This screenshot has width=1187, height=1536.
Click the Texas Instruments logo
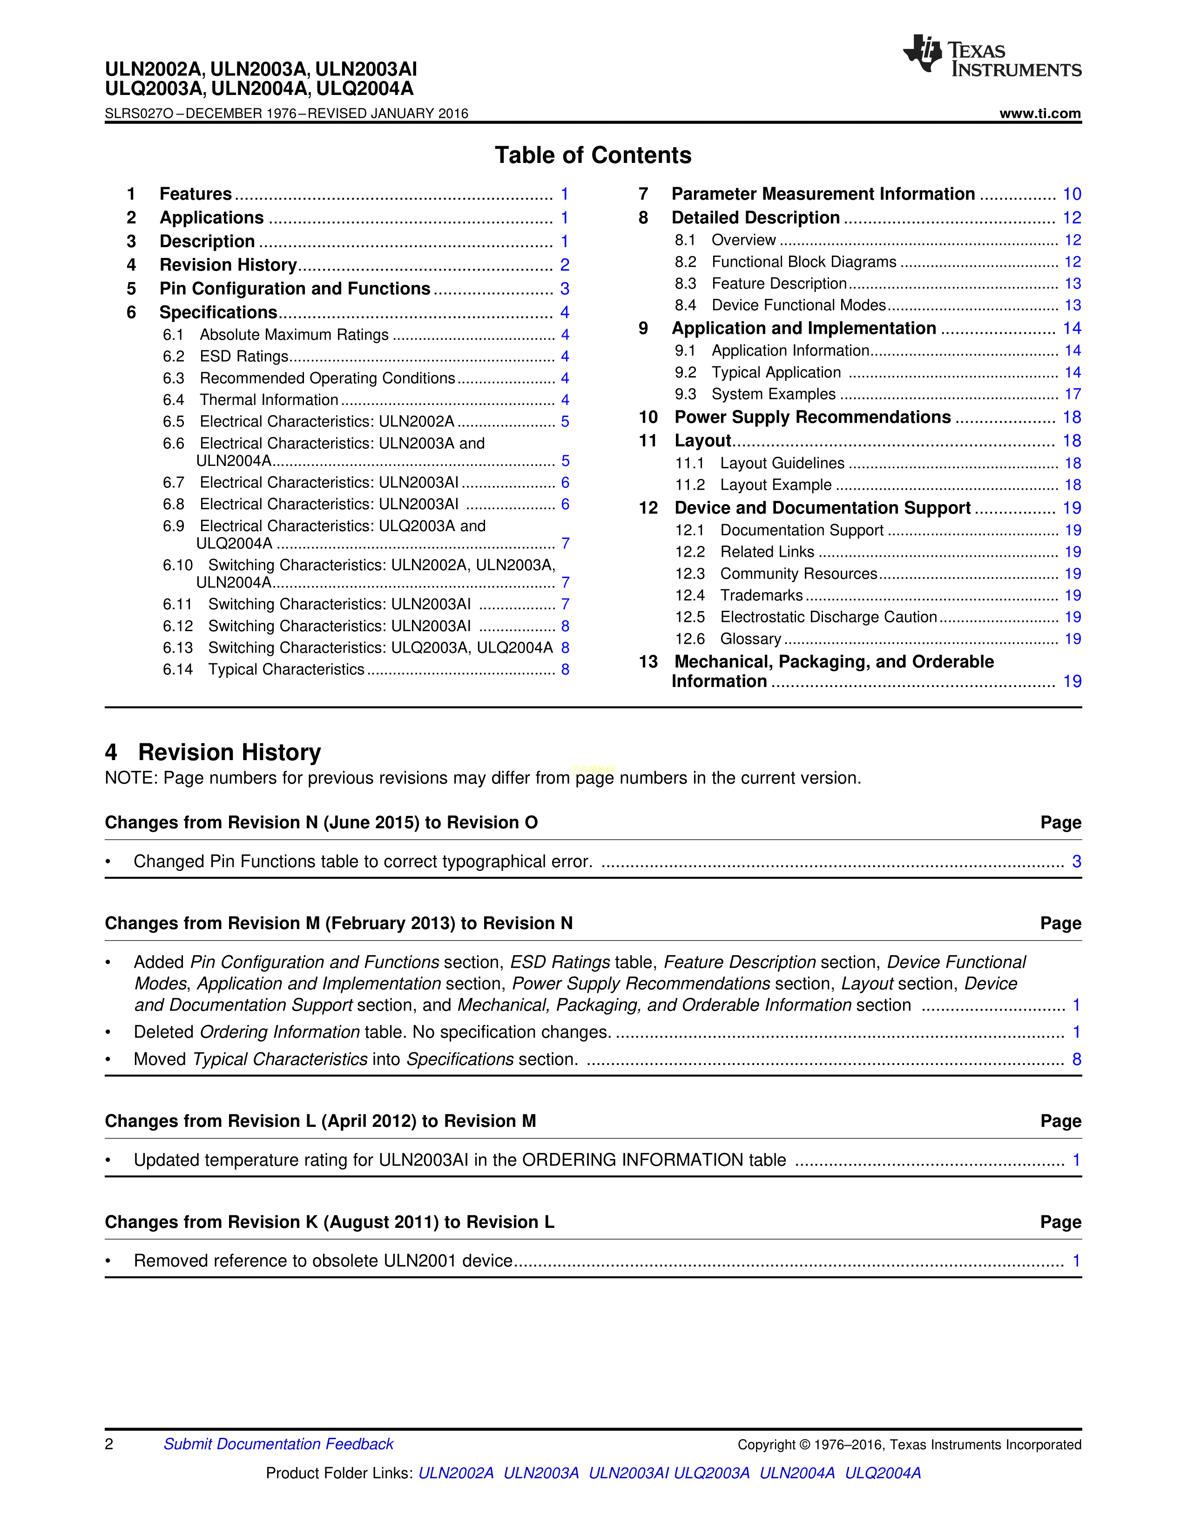point(991,55)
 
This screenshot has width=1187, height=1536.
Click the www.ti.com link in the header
point(1039,113)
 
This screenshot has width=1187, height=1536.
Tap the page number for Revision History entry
point(565,265)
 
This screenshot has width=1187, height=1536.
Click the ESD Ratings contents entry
point(244,357)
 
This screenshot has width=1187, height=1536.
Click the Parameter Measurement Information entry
point(823,194)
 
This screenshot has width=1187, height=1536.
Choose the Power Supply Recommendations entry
point(812,417)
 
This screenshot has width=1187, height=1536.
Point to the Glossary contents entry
point(750,639)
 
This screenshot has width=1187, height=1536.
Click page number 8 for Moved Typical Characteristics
point(1076,1059)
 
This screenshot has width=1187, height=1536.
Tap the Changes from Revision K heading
point(329,1222)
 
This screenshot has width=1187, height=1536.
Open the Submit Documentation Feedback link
point(278,1444)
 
